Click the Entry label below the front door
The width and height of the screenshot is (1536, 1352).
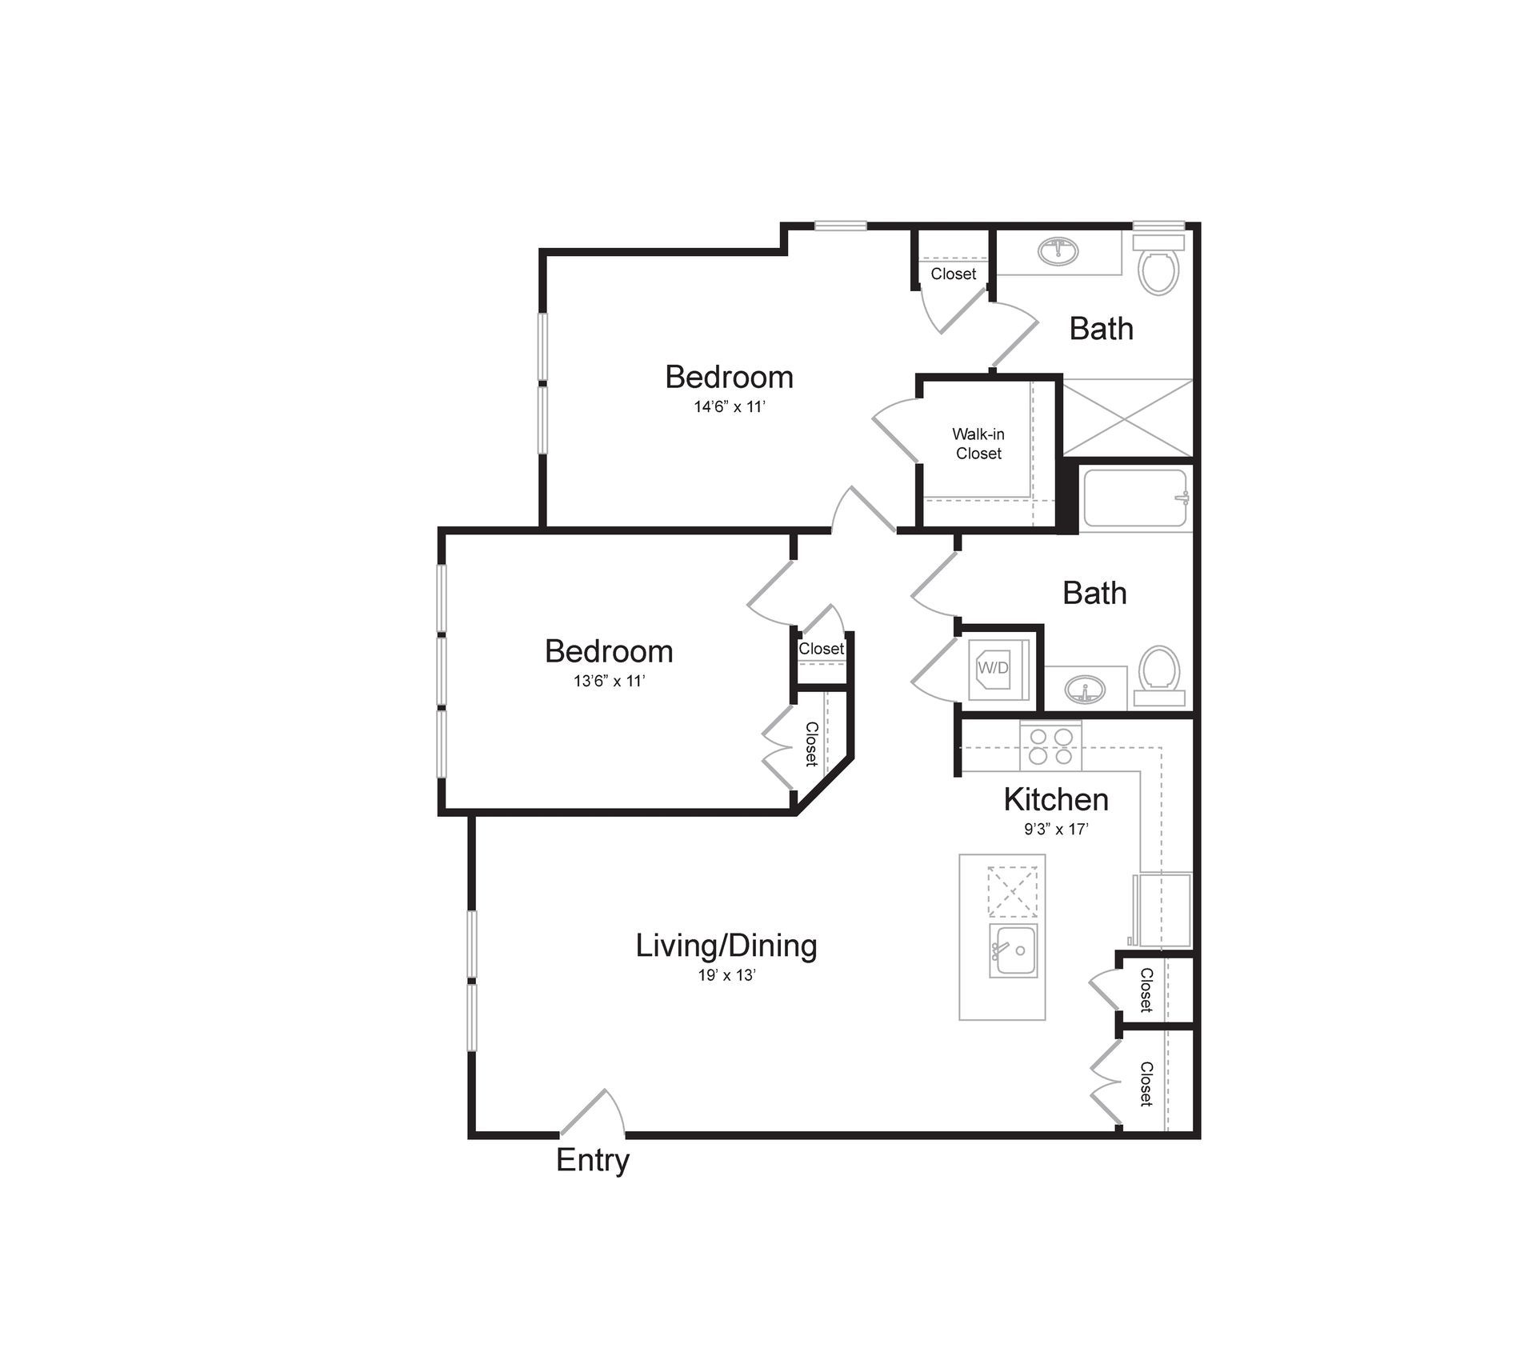[593, 1160]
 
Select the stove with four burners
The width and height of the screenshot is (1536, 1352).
[1050, 746]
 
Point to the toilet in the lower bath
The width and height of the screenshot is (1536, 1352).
[1159, 675]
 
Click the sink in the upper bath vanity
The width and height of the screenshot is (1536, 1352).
[1058, 251]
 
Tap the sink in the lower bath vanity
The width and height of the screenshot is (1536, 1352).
[1085, 688]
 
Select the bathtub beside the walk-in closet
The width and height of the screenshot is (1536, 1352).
[1134, 498]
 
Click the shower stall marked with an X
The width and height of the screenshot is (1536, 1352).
[1127, 418]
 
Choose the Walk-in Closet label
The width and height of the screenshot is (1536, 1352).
[978, 444]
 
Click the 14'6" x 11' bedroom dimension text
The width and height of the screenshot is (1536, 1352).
[730, 407]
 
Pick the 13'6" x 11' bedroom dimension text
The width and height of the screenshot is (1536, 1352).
[609, 682]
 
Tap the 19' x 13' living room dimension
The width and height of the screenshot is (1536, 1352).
[726, 975]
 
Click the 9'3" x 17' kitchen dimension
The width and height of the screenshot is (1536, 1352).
[1056, 830]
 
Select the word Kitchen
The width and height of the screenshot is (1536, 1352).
[1056, 799]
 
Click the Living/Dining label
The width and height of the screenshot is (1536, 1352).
[726, 946]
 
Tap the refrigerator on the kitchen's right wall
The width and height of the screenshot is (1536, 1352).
[1162, 910]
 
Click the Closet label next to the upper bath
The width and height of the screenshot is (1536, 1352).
[953, 274]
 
